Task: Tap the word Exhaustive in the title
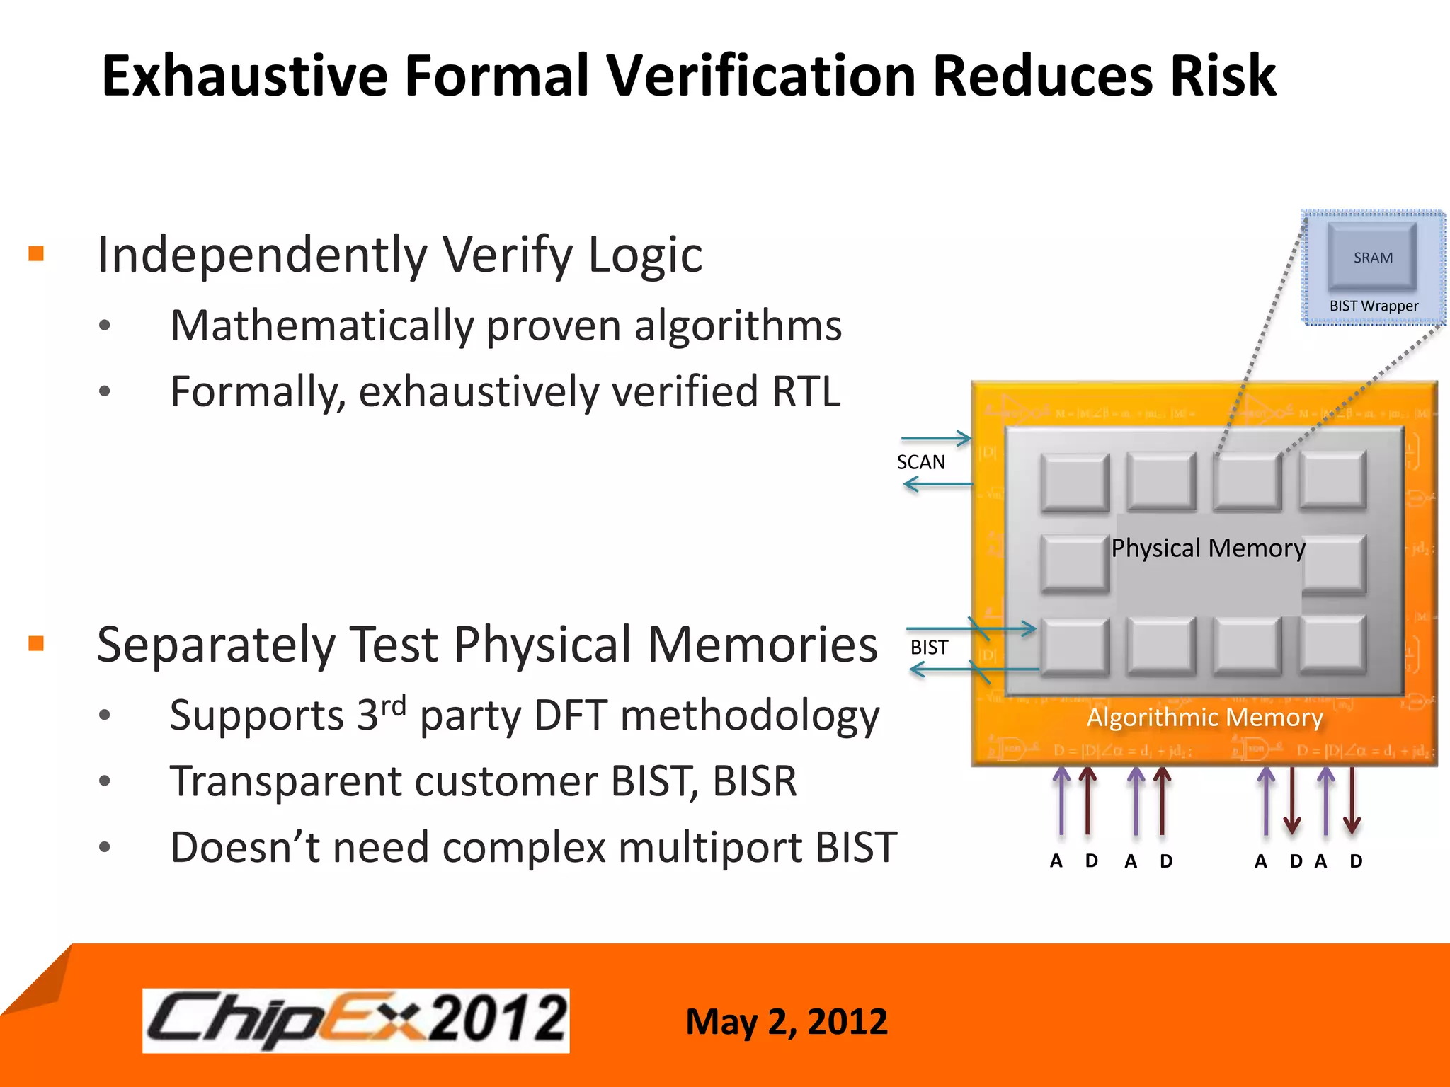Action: click(x=244, y=76)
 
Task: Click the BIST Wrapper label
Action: click(x=1374, y=306)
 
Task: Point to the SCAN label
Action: click(x=920, y=462)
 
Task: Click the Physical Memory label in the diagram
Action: click(x=1208, y=548)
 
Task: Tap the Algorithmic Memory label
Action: click(x=1204, y=718)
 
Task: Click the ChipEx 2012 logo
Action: click(x=355, y=1020)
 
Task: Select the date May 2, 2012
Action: click(x=786, y=1021)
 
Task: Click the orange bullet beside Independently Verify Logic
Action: click(x=36, y=253)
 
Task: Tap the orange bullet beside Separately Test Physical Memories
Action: click(x=36, y=643)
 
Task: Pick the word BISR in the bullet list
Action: click(x=754, y=781)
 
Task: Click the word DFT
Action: click(x=571, y=715)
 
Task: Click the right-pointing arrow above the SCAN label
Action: click(x=936, y=439)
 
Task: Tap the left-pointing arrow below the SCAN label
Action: click(x=937, y=485)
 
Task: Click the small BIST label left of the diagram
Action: click(x=928, y=648)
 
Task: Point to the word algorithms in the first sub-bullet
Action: click(x=737, y=326)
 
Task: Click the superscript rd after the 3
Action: click(x=393, y=706)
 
